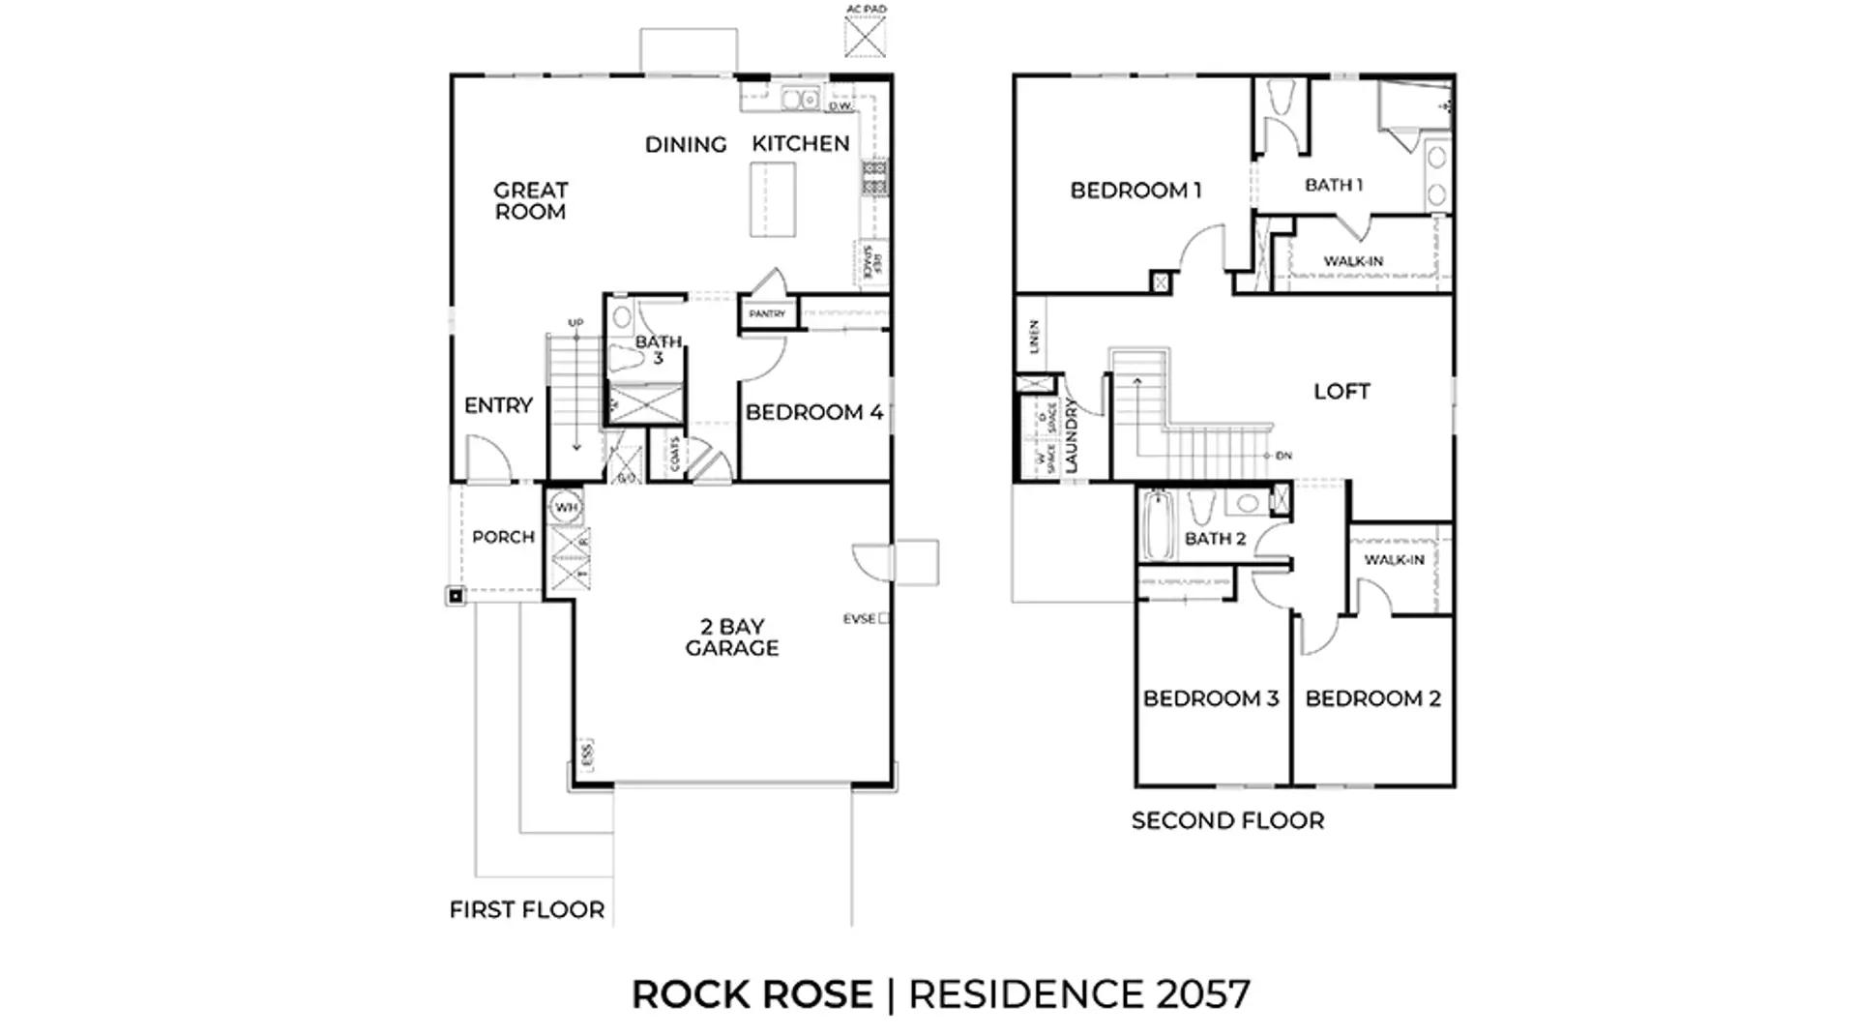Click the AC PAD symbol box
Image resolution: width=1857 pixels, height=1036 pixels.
[x=865, y=37]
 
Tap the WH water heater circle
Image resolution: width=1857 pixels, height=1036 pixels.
[x=566, y=507]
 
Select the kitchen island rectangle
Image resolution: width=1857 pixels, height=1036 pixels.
[x=774, y=199]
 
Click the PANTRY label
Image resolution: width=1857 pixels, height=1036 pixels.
[x=767, y=313]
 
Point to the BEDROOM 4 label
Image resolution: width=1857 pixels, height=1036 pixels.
[x=813, y=412]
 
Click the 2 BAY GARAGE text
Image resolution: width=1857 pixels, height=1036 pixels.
[x=732, y=637]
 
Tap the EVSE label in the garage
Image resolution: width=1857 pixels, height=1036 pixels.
[x=859, y=618]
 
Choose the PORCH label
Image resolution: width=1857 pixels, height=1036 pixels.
[x=503, y=537]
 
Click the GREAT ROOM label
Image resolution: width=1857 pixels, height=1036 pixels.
[x=530, y=201]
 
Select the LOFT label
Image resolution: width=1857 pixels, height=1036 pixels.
[x=1341, y=391]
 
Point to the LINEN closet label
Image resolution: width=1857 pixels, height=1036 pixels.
[x=1033, y=336]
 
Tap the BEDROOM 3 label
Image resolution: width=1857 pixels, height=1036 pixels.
[x=1211, y=698]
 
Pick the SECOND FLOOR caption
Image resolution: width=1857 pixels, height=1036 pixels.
[x=1227, y=820]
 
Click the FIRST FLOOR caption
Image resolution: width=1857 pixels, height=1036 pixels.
[x=527, y=909]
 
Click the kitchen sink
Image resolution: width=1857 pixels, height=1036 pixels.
[x=800, y=98]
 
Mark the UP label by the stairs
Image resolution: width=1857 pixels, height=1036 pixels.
[x=575, y=323]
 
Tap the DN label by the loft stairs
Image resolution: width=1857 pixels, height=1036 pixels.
[x=1283, y=456]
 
